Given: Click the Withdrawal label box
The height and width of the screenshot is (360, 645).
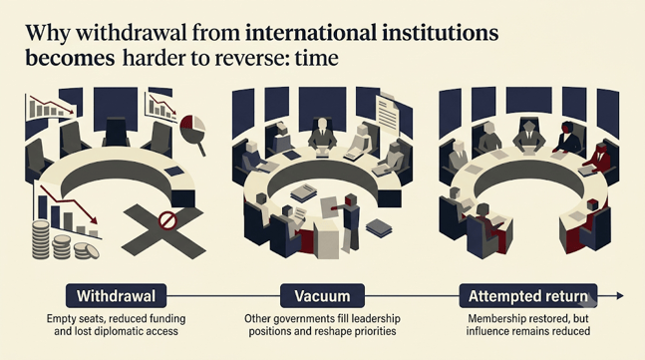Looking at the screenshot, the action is pyautogui.click(x=116, y=296).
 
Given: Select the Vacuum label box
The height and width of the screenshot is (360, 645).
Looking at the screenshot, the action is pyautogui.click(x=322, y=296).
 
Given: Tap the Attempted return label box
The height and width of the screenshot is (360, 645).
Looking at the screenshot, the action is pyautogui.click(x=528, y=296).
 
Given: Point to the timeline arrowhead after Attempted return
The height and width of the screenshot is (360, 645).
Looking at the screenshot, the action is pyautogui.click(x=619, y=295).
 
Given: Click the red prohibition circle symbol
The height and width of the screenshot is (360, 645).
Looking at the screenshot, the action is pyautogui.click(x=167, y=220).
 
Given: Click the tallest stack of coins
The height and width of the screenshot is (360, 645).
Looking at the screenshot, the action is pyautogui.click(x=41, y=239).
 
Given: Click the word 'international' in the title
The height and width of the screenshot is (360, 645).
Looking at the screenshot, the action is pyautogui.click(x=311, y=33).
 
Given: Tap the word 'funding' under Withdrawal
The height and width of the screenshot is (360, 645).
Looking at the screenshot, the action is pyautogui.click(x=166, y=319).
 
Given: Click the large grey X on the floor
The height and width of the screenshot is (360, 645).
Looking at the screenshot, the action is pyautogui.click(x=163, y=230).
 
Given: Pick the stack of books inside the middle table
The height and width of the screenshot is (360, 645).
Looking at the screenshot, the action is pyautogui.click(x=303, y=192).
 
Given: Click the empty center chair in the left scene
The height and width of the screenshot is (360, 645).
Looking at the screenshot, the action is pyautogui.click(x=116, y=132).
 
